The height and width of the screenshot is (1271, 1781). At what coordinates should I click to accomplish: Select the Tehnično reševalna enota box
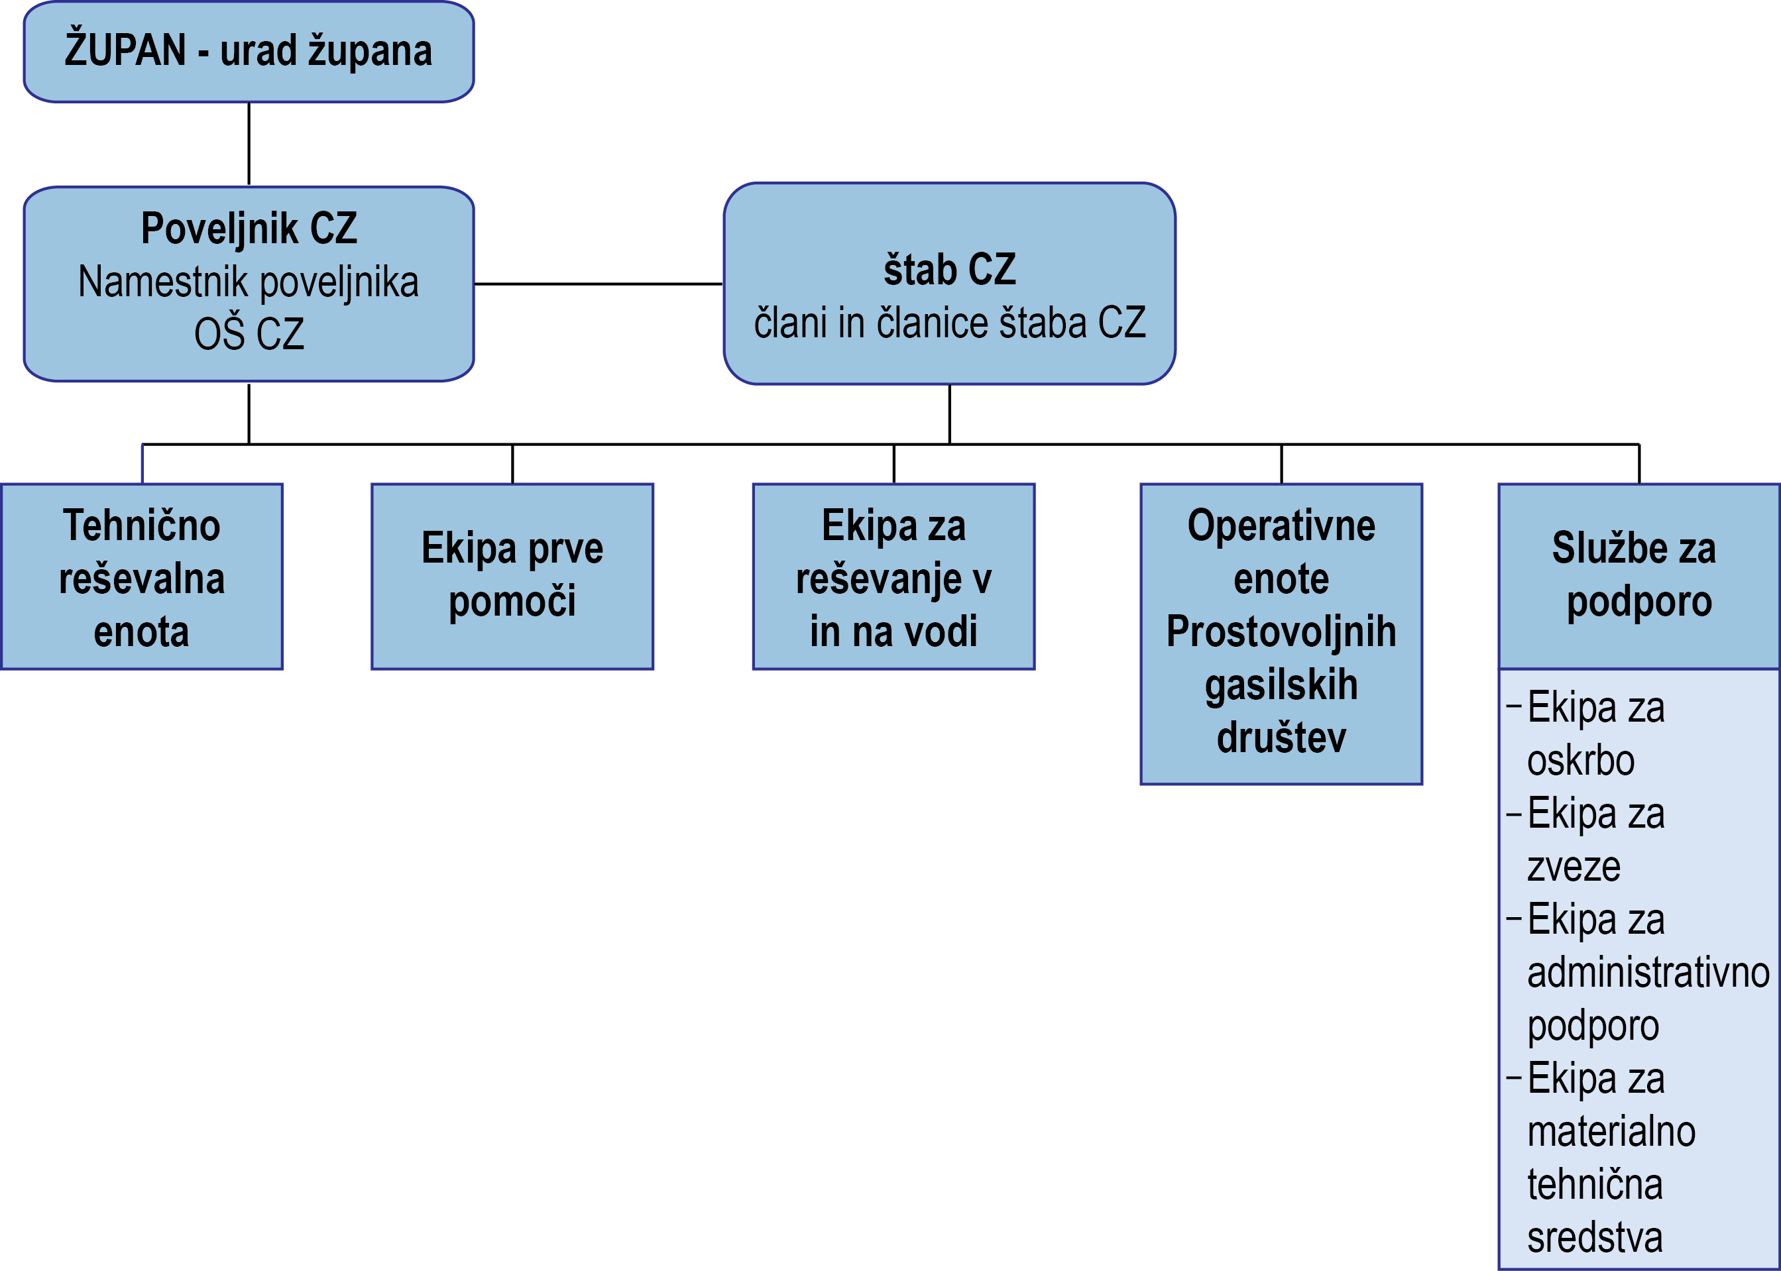[142, 577]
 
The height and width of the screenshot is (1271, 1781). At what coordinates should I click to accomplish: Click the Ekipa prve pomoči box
[512, 577]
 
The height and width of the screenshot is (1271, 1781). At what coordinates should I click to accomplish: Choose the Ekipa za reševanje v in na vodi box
[893, 577]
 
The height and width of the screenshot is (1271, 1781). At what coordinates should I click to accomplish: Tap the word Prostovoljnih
[1281, 632]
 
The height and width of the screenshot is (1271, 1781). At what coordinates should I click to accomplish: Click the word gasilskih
[1281, 685]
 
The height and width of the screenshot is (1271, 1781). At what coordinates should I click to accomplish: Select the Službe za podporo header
[1638, 576]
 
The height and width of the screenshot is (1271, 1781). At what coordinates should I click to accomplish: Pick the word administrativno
[1648, 973]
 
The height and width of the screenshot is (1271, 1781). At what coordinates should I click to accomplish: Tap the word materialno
[1611, 1132]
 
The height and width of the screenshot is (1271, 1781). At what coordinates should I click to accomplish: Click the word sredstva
[1594, 1237]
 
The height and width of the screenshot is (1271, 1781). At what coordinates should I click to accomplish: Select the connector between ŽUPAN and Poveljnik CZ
[249, 144]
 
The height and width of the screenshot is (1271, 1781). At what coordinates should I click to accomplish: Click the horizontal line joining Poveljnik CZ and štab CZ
[598, 284]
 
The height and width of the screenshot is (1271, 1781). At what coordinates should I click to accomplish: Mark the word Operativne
[1281, 525]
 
